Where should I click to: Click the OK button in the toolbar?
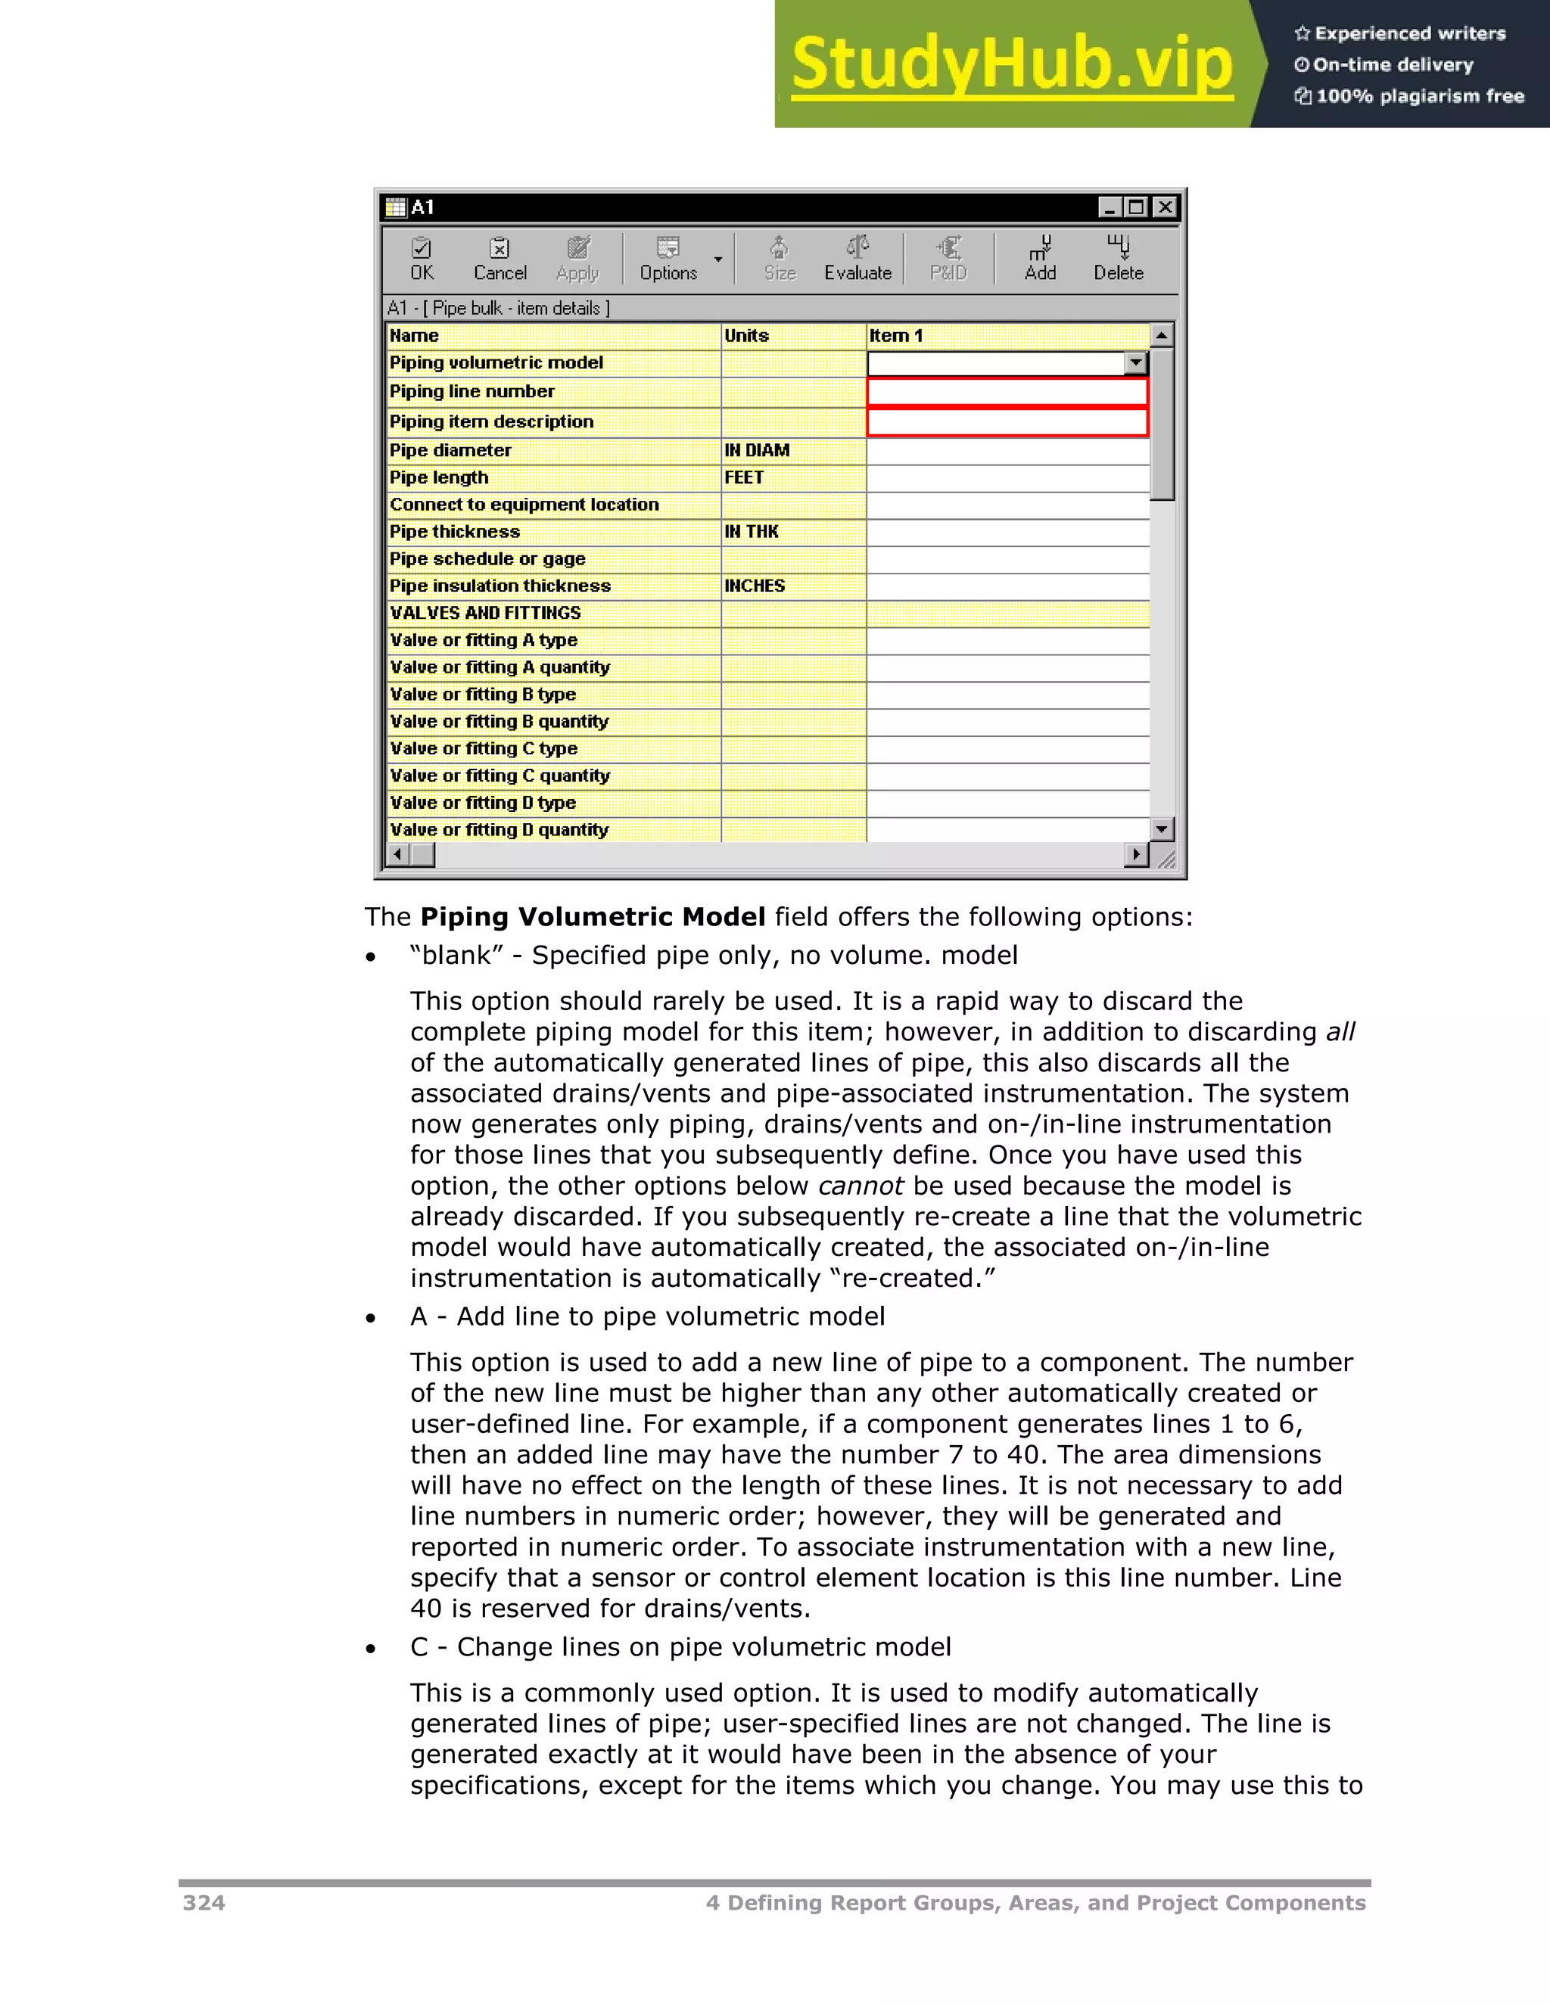[422, 259]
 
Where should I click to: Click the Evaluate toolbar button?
[857, 259]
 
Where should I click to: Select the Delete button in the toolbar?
[1118, 259]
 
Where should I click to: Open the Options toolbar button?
[668, 259]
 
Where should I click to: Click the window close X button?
[1164, 207]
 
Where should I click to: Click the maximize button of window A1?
[1137, 207]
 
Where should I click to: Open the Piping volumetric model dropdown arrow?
[1136, 363]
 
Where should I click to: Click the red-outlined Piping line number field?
[1007, 392]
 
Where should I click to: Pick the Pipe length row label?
[439, 478]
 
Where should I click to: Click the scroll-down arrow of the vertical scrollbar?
[1162, 829]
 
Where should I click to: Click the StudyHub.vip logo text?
[1012, 64]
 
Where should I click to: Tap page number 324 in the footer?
[204, 1903]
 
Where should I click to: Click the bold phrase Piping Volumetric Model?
[593, 917]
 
